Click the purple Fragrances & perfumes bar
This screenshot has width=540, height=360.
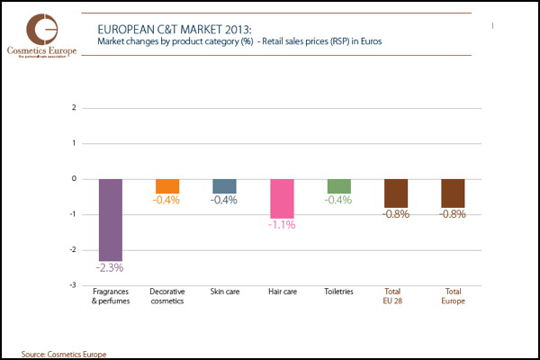tap(110, 220)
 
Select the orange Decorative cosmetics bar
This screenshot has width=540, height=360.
tap(167, 185)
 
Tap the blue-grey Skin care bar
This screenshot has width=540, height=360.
tap(224, 185)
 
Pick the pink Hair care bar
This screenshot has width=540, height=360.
tap(282, 198)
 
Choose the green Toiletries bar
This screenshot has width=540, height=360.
tap(338, 185)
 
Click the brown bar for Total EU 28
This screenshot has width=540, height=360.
tap(396, 193)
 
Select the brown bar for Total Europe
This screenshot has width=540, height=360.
tap(453, 193)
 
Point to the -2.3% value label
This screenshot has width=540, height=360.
tap(110, 267)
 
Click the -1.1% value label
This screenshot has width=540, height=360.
tap(282, 225)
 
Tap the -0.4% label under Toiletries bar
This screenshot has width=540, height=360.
tap(338, 200)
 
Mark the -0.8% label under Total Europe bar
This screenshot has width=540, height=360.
tap(453, 214)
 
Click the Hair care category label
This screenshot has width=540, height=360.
tap(282, 292)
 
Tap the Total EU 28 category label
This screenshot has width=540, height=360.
tap(393, 296)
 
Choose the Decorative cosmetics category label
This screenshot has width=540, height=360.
tap(167, 296)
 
